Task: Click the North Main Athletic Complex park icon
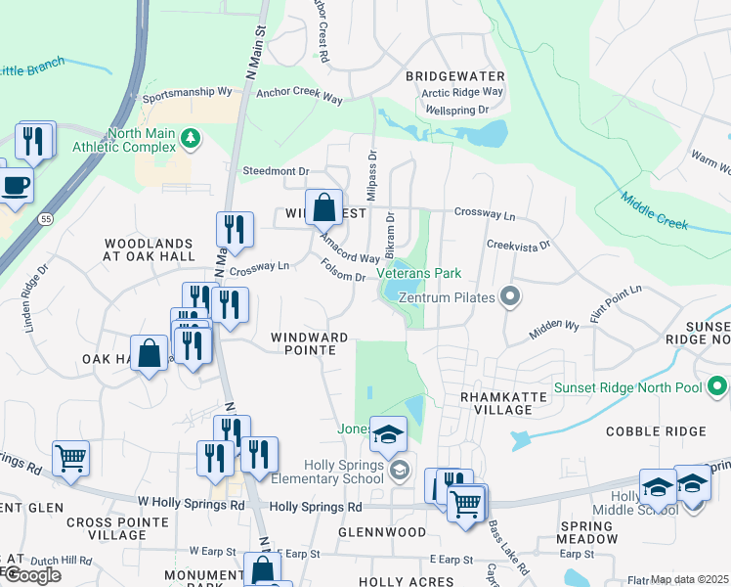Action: pyautogui.click(x=191, y=140)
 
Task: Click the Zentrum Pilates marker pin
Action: pyautogui.click(x=508, y=294)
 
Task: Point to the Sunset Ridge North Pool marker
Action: pyautogui.click(x=718, y=387)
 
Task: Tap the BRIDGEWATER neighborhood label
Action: pyautogui.click(x=455, y=76)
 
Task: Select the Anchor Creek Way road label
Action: pyautogui.click(x=299, y=98)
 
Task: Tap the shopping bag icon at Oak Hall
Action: pyautogui.click(x=150, y=351)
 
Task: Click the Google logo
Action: pyautogui.click(x=32, y=575)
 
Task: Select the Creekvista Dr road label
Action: pyautogui.click(x=518, y=245)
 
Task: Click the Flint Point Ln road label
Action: pyautogui.click(x=616, y=303)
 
